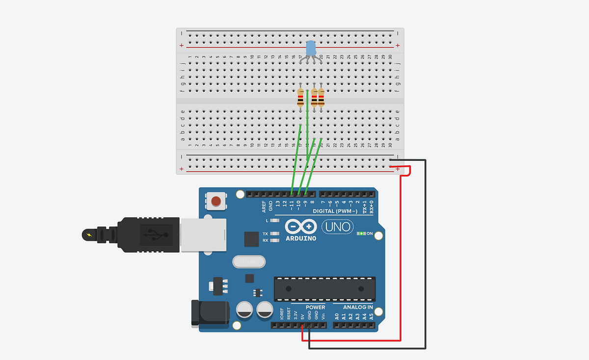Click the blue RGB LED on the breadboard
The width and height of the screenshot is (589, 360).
click(311, 48)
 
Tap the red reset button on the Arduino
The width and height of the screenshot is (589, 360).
click(216, 201)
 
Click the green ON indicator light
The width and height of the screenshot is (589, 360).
click(361, 233)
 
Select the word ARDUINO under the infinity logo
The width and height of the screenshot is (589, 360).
click(301, 238)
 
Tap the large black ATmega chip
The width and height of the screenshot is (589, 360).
click(324, 288)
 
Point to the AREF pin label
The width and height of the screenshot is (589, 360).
click(264, 206)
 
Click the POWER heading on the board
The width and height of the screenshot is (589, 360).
click(315, 308)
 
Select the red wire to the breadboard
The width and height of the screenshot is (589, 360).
click(401, 255)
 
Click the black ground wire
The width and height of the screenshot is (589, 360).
click(426, 255)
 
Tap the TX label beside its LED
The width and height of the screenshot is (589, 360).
click(266, 234)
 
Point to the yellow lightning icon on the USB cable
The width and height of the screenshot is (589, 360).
click(88, 235)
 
